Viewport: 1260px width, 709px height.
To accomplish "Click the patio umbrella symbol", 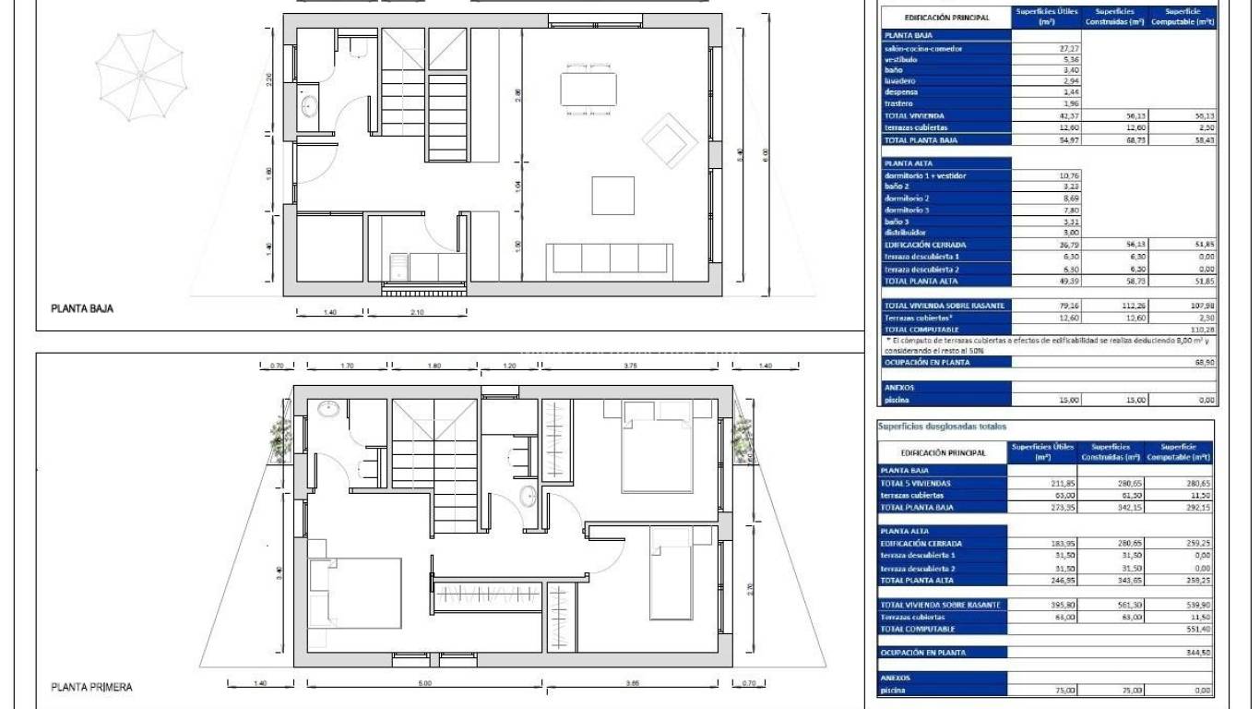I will coord(141,70).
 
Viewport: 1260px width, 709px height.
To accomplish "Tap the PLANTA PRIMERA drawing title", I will coord(92,687).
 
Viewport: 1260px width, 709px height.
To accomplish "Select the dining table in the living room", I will coord(588,89).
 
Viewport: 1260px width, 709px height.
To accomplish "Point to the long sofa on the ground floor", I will coord(609,258).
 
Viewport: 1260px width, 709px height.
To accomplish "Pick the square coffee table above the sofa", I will coord(612,196).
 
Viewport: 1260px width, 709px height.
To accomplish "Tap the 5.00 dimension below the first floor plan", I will coord(424,684).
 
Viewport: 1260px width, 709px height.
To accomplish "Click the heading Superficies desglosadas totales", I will coord(941,427).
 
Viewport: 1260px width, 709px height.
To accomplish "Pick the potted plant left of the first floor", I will coord(280,436).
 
